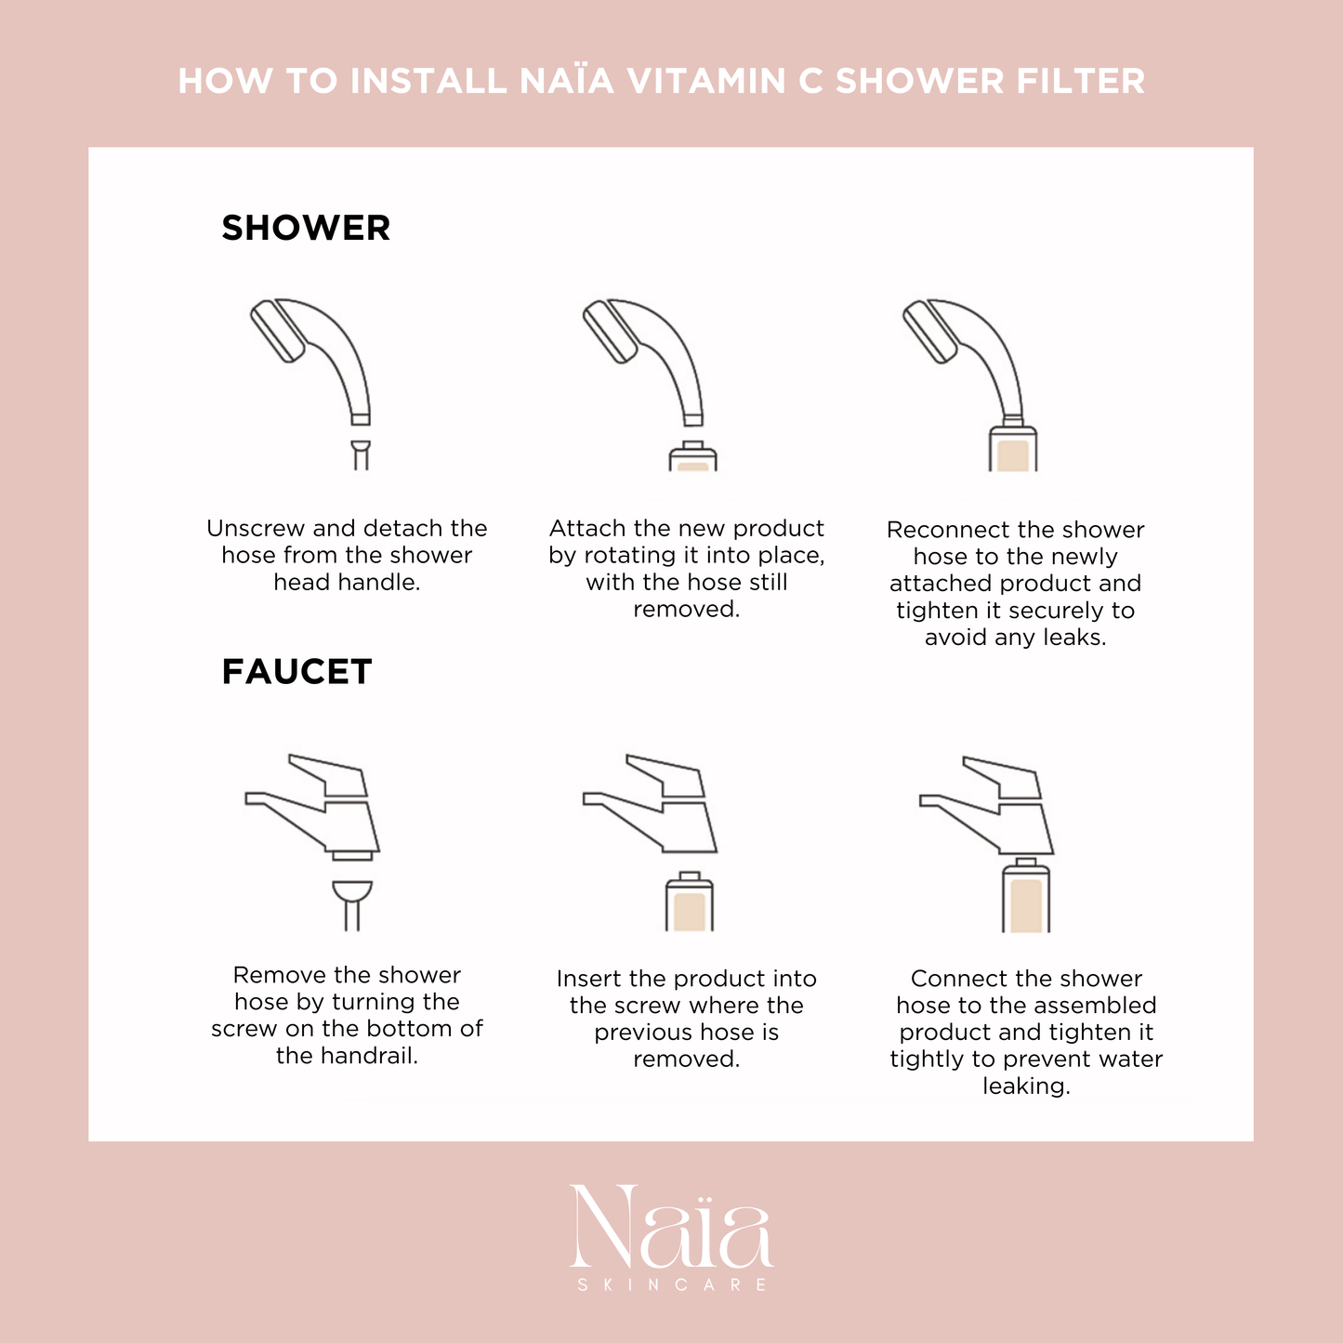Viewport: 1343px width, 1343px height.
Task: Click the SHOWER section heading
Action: pyautogui.click(x=306, y=228)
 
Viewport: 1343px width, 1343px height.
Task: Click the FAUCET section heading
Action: pyautogui.click(x=296, y=672)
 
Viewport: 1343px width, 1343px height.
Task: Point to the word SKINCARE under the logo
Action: pyautogui.click(x=672, y=1284)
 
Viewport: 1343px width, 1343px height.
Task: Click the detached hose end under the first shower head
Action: pyautogui.click(x=361, y=455)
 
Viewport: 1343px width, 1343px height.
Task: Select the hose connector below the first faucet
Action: pyautogui.click(x=352, y=905)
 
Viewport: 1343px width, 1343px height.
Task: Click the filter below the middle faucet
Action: pyautogui.click(x=690, y=902)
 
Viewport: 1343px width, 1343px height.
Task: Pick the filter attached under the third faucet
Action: pyautogui.click(x=1026, y=896)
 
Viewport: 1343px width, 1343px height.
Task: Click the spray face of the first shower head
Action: pyautogui.click(x=277, y=332)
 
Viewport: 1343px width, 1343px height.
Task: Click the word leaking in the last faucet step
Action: pyautogui.click(x=1026, y=1086)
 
